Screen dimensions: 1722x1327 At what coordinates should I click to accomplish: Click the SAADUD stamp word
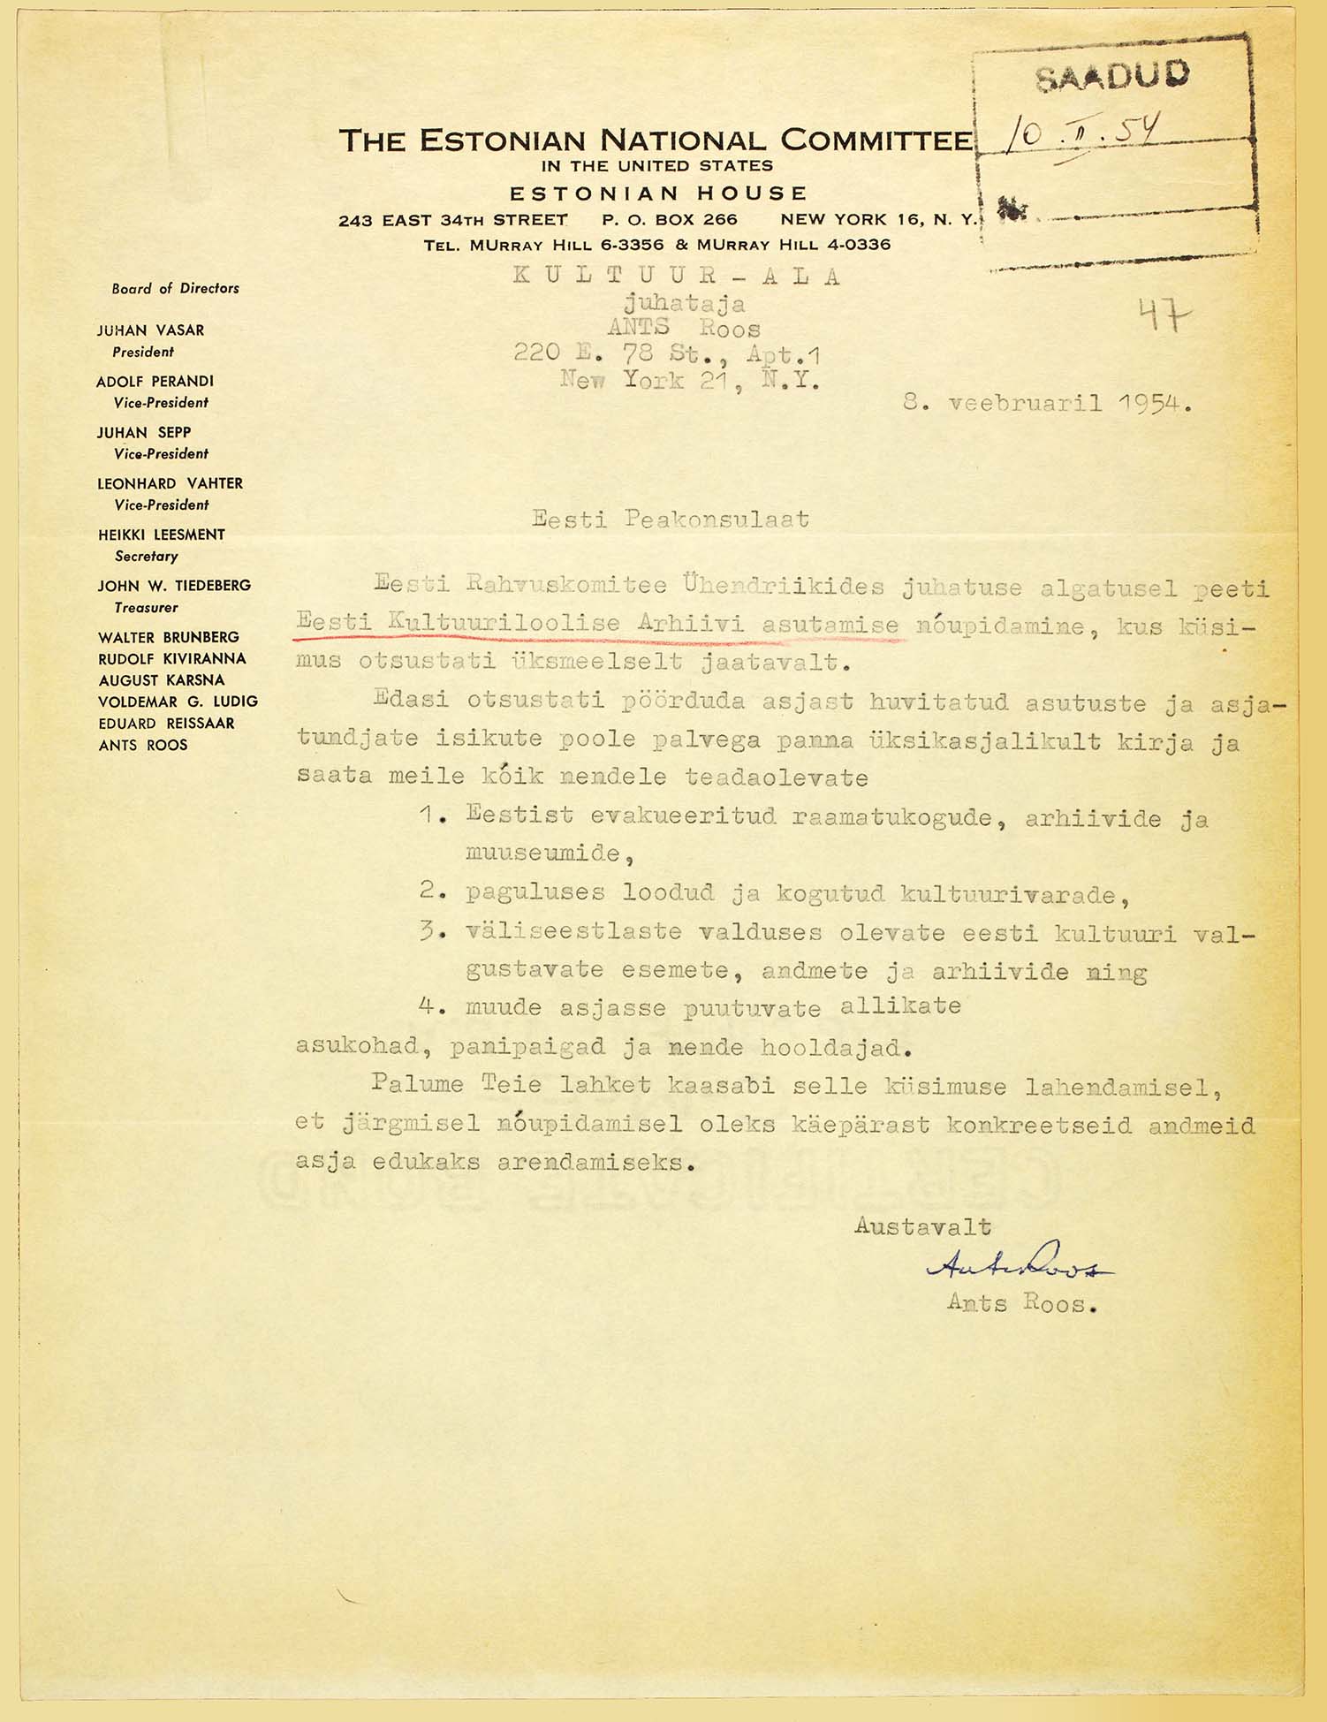(1112, 77)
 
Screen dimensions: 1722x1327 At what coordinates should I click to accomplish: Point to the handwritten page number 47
(1164, 314)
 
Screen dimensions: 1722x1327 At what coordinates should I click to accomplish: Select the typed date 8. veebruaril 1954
(1048, 404)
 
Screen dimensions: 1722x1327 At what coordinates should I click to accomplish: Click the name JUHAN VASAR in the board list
(150, 330)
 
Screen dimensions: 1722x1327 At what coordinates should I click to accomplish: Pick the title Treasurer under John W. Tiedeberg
(146, 608)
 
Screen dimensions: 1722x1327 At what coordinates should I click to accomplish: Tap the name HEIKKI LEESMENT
(161, 535)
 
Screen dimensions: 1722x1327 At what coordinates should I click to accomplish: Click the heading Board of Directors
(175, 288)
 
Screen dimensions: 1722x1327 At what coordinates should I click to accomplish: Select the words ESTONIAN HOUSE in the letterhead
(658, 193)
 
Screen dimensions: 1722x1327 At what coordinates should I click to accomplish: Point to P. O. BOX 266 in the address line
(669, 220)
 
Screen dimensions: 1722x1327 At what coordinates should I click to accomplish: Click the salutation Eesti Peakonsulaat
(671, 519)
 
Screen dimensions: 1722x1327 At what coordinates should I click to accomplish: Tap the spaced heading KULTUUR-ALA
(677, 276)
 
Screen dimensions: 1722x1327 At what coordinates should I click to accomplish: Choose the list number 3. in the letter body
(431, 932)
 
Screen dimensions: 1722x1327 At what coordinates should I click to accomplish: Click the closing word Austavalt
(922, 1226)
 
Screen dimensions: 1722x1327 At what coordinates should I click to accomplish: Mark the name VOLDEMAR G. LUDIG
(178, 702)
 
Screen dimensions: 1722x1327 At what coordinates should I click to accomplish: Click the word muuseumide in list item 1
(542, 853)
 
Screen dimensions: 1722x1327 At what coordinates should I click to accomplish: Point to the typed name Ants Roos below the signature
(1020, 1303)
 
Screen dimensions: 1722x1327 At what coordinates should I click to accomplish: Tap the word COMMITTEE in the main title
(876, 140)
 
